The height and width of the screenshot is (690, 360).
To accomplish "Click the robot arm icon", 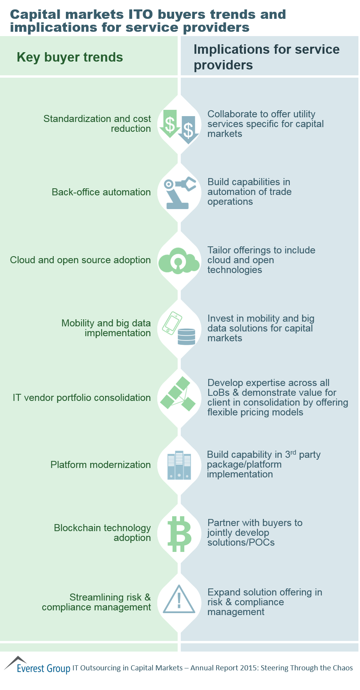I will pyautogui.click(x=179, y=192).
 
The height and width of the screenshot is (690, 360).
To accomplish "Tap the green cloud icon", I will pyautogui.click(x=179, y=260).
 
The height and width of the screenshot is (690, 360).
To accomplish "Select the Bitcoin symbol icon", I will pyautogui.click(x=179, y=533).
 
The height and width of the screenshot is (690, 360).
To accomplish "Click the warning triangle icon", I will pyautogui.click(x=179, y=600).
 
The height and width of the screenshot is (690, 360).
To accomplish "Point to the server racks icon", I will pyautogui.click(x=179, y=465).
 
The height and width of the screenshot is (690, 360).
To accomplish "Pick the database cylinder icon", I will pyautogui.click(x=186, y=337).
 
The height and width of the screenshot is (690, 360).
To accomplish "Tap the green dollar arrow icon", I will pyautogui.click(x=170, y=123).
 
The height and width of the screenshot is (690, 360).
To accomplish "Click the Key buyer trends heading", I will pyautogui.click(x=70, y=57).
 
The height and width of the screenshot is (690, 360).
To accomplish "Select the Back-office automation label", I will pyautogui.click(x=101, y=192).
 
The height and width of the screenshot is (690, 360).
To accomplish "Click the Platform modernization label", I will pyautogui.click(x=100, y=465).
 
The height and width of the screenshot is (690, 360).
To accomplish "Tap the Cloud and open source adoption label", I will pyautogui.click(x=80, y=260).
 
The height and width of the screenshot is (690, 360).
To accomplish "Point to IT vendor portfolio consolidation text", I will pyautogui.click(x=82, y=398).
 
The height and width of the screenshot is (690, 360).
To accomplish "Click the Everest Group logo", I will pyautogui.click(x=37, y=666).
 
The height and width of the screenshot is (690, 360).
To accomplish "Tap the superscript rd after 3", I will pyautogui.click(x=293, y=452).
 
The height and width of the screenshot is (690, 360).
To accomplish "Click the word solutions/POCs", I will pyautogui.click(x=241, y=543).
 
